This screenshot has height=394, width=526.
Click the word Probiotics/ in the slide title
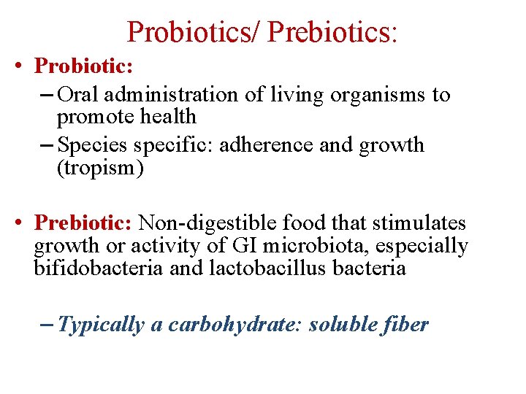[194, 32]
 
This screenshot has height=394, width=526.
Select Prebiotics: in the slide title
[332, 32]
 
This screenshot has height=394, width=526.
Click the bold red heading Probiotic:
[84, 66]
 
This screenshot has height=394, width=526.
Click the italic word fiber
[406, 324]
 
